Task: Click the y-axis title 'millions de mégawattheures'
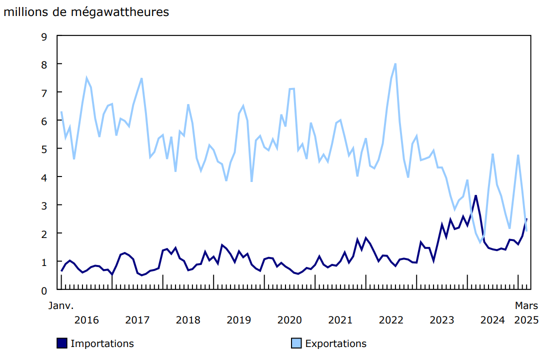point(86,12)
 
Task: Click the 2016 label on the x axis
point(86,320)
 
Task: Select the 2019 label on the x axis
point(239,320)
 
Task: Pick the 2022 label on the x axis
point(391,320)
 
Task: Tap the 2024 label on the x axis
point(492,320)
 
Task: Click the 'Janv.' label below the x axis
point(61,305)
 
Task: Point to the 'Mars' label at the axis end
point(526,305)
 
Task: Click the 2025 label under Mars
point(526,320)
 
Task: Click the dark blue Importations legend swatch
point(62,343)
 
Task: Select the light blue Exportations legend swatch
point(296,343)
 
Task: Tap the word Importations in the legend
point(102,343)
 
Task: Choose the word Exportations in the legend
point(335,343)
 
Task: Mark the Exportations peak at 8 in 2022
point(395,64)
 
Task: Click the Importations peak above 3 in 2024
point(476,195)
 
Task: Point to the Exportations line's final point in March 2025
point(526,230)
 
